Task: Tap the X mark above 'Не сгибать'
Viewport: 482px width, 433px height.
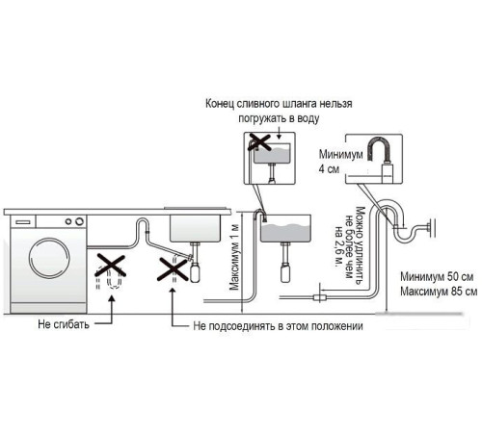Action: [x=111, y=265]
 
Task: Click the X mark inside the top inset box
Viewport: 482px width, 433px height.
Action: [x=258, y=142]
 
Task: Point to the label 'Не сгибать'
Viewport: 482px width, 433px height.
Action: [x=63, y=325]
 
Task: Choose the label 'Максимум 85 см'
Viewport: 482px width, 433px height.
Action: [x=437, y=292]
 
